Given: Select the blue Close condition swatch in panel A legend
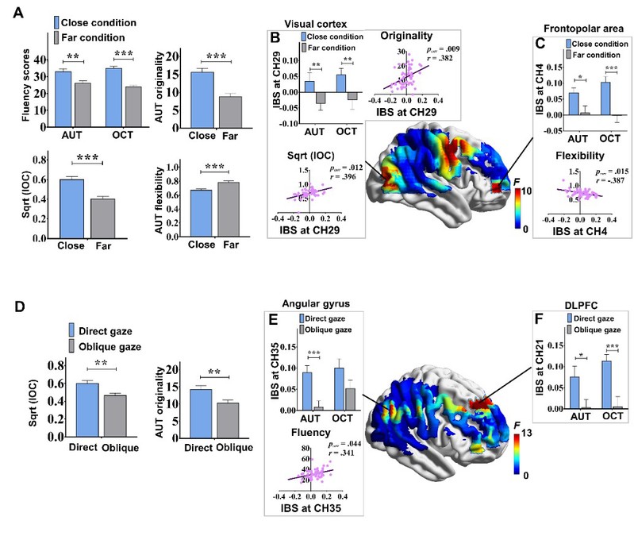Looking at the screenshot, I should (59, 21).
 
